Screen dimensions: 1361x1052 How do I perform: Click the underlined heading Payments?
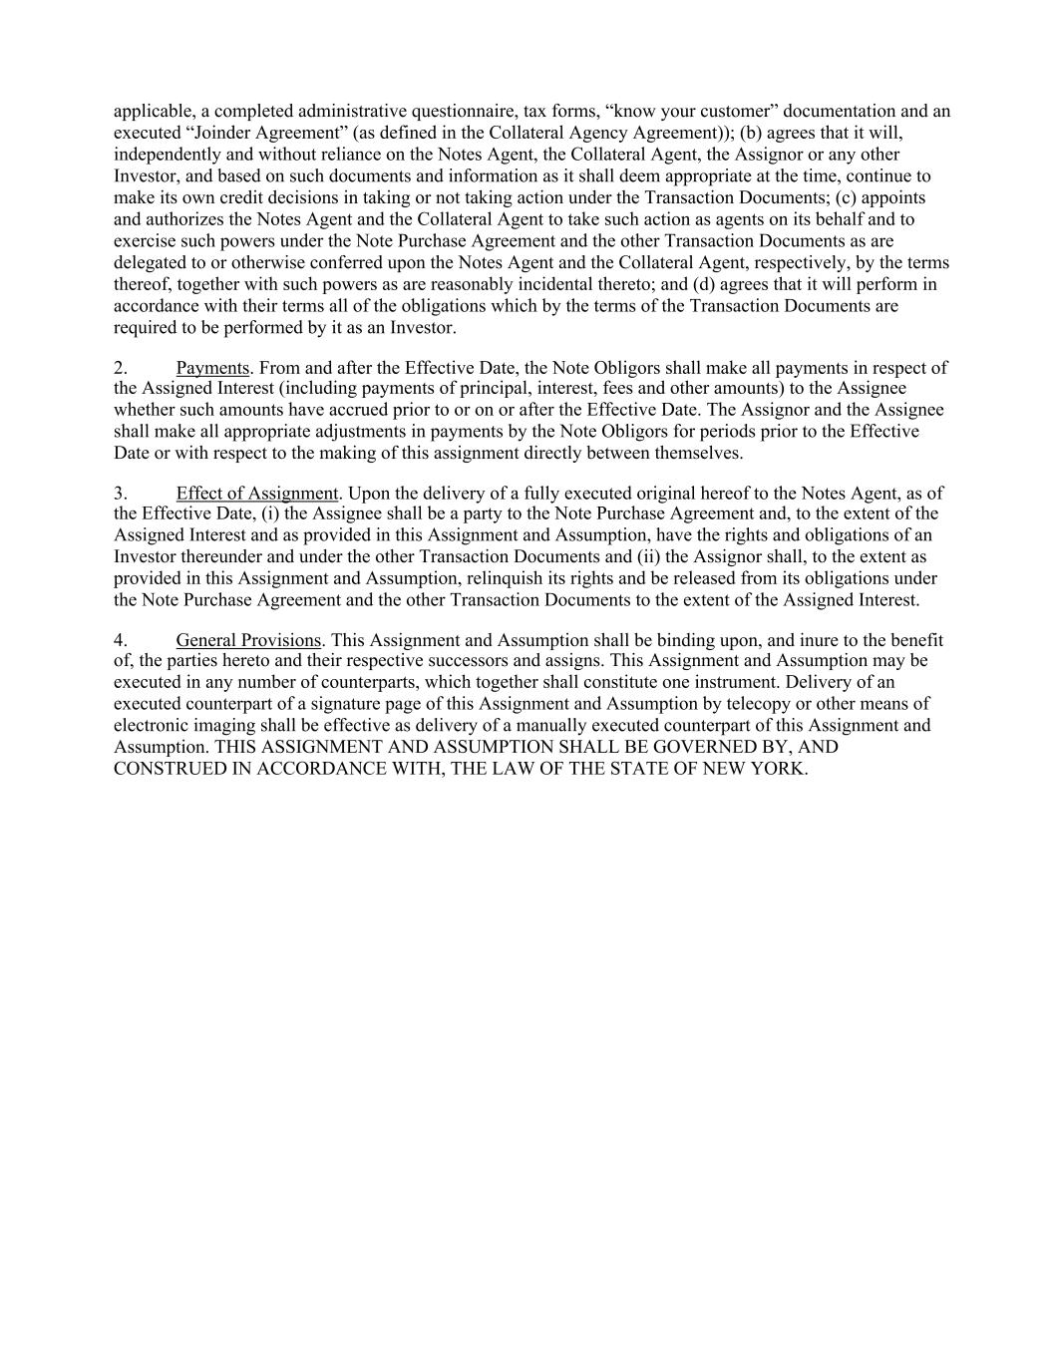pyautogui.click(x=211, y=368)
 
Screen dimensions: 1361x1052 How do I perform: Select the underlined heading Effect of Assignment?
pyautogui.click(x=257, y=493)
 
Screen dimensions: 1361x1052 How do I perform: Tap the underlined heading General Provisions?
pyautogui.click(x=248, y=640)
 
